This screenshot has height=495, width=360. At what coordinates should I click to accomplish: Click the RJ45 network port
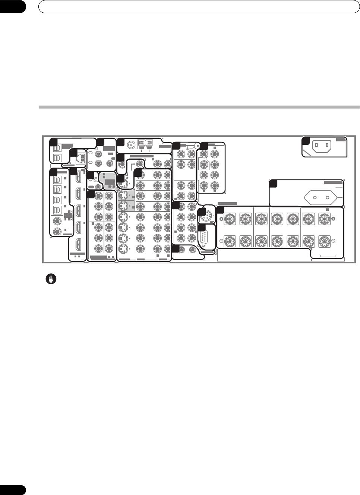click(79, 159)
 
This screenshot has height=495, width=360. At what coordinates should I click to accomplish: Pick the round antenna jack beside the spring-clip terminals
click(131, 144)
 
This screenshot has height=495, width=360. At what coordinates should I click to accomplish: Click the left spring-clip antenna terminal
click(142, 144)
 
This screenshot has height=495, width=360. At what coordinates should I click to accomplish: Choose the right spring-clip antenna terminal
click(149, 144)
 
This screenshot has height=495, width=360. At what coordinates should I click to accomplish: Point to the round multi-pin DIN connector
click(206, 215)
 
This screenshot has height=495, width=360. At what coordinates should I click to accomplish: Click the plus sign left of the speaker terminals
click(221, 219)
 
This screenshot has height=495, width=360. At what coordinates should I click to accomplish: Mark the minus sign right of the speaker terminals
click(333, 241)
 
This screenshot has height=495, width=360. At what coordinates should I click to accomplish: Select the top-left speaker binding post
click(230, 219)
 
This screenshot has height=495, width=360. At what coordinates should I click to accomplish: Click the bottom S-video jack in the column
click(121, 249)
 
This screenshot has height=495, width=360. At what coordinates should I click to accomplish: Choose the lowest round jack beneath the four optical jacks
click(57, 232)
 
